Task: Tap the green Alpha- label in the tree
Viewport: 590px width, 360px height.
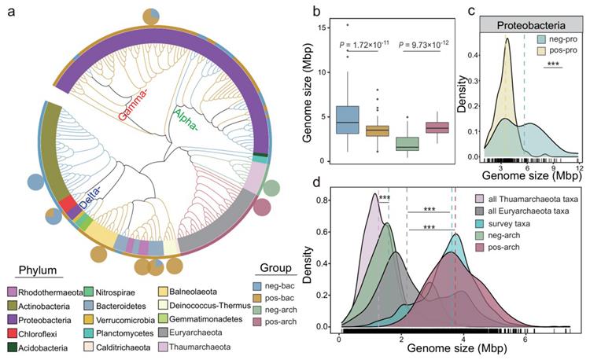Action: pyautogui.click(x=186, y=119)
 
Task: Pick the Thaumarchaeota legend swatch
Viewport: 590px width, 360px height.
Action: pyautogui.click(x=163, y=347)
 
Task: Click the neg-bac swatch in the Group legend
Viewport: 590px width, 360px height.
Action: pyautogui.click(x=257, y=286)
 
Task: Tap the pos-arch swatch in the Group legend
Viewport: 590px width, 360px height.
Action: pyautogui.click(x=257, y=321)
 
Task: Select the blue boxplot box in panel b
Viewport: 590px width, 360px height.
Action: pyautogui.click(x=347, y=120)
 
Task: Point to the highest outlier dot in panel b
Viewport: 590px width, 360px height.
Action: pyautogui.click(x=347, y=25)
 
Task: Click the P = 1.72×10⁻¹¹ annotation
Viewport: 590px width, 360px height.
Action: pyautogui.click(x=364, y=45)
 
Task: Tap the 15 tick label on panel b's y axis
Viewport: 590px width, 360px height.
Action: pyautogui.click(x=321, y=28)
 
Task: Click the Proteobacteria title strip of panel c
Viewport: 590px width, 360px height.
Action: pyautogui.click(x=531, y=25)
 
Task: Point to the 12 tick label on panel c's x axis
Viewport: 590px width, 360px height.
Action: pyautogui.click(x=580, y=167)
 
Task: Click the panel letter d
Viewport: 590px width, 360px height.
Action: pyautogui.click(x=317, y=183)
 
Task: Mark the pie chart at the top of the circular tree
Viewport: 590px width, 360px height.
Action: pyautogui.click(x=151, y=17)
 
